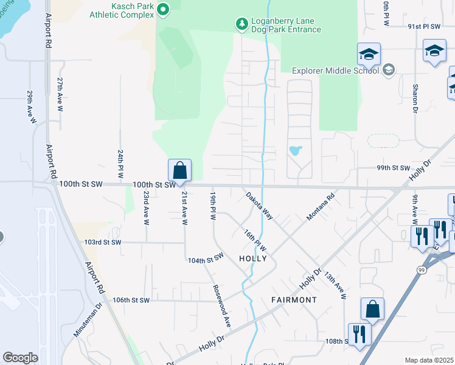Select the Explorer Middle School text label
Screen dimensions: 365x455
(336, 71)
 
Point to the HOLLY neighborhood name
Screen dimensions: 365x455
(253, 259)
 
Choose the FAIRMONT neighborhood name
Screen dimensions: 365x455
(294, 300)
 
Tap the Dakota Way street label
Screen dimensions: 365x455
(259, 206)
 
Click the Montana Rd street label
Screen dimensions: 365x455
(321, 207)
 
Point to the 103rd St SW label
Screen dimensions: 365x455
(103, 242)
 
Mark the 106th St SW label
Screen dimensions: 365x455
(131, 300)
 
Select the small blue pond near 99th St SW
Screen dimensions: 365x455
(295, 150)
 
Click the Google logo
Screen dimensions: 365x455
(20, 357)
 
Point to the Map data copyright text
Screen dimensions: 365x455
(429, 360)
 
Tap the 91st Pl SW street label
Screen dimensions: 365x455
(423, 27)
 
